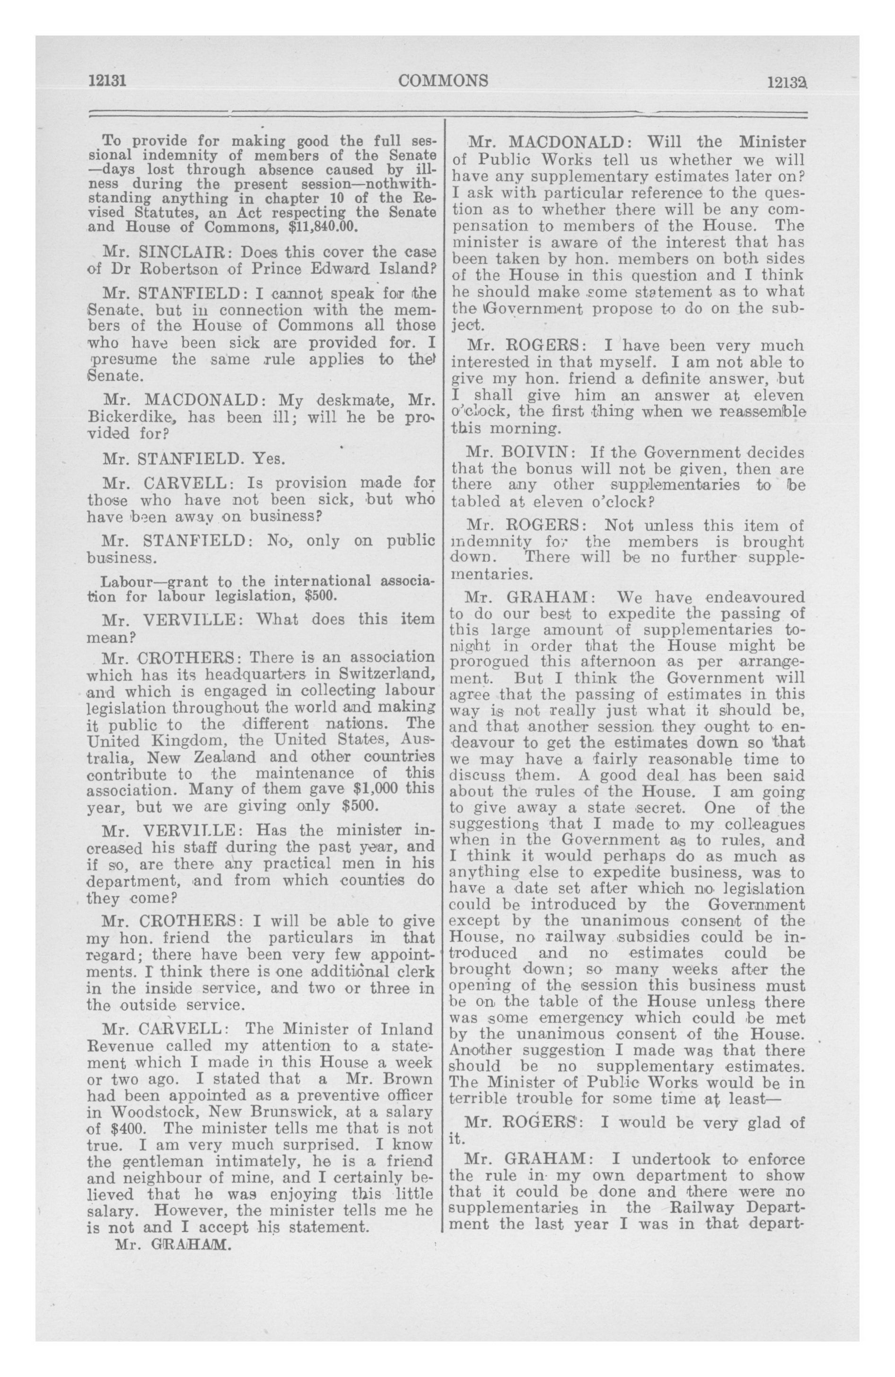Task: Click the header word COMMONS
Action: click(443, 80)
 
